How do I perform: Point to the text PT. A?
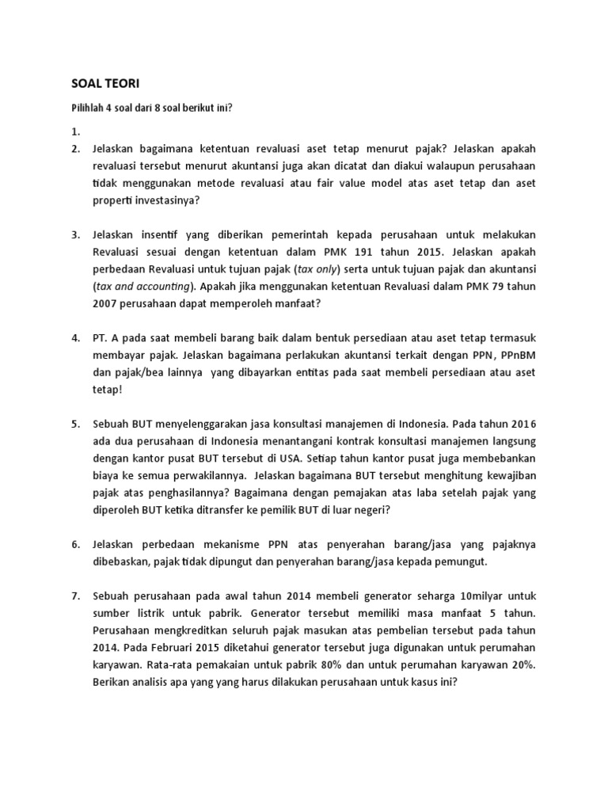click(x=107, y=338)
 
